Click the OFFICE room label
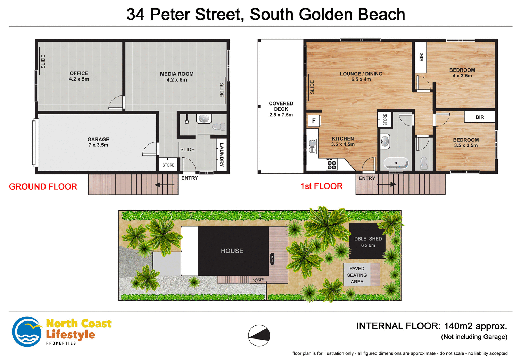[79, 76]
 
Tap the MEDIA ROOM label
[176, 77]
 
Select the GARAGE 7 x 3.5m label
[98, 142]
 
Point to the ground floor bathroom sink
[204, 119]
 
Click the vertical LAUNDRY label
[222, 154]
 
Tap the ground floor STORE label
[168, 165]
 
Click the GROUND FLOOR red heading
[43, 187]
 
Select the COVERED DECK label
[281, 109]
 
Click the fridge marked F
[314, 121]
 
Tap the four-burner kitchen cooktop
[331, 165]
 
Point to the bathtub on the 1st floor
[396, 163]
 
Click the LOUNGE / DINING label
[361, 76]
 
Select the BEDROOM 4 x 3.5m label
[462, 73]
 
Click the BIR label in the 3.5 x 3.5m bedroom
[480, 117]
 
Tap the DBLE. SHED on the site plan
[368, 242]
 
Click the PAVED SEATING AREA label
[357, 275]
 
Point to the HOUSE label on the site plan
[232, 251]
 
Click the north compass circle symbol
[259, 336]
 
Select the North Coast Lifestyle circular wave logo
[27, 332]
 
